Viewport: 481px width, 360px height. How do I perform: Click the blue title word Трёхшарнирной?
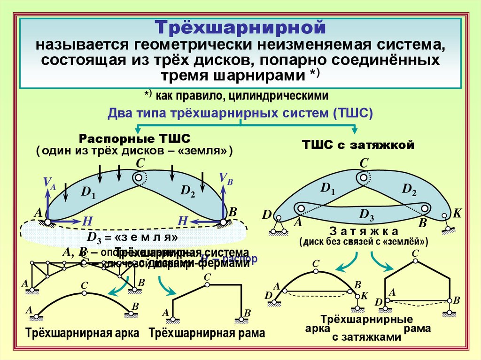(x=240, y=27)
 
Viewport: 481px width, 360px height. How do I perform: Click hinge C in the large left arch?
(x=139, y=178)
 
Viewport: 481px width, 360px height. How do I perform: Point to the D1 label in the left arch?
(x=88, y=192)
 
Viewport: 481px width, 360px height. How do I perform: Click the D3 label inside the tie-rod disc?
(x=366, y=214)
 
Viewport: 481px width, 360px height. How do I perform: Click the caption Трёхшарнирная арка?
(x=83, y=333)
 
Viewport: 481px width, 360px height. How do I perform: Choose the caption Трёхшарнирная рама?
(x=207, y=333)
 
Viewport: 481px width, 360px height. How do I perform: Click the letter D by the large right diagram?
(x=267, y=215)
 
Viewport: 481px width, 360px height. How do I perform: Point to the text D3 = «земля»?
(x=132, y=235)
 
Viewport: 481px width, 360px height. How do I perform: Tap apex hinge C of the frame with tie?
(x=415, y=260)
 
